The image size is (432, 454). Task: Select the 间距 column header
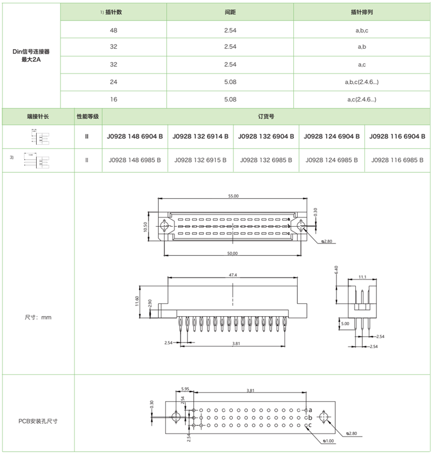230,12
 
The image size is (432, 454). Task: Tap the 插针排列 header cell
362,12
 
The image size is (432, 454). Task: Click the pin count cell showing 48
113,30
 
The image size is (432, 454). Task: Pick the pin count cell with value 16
113,99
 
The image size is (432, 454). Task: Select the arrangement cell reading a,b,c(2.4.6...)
362,82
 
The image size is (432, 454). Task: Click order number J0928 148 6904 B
136,137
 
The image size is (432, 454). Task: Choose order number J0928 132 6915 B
200,160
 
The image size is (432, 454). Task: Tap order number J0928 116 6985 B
398,160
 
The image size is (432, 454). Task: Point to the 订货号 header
266,117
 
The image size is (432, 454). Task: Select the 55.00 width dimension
233,196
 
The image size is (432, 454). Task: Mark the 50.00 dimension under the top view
232,253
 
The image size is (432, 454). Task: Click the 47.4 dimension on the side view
233,275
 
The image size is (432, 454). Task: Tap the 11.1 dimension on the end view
362,277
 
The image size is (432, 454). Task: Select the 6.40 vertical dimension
336,268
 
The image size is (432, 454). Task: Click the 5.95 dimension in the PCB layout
185,389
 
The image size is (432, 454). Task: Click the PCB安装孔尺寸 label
38,421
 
